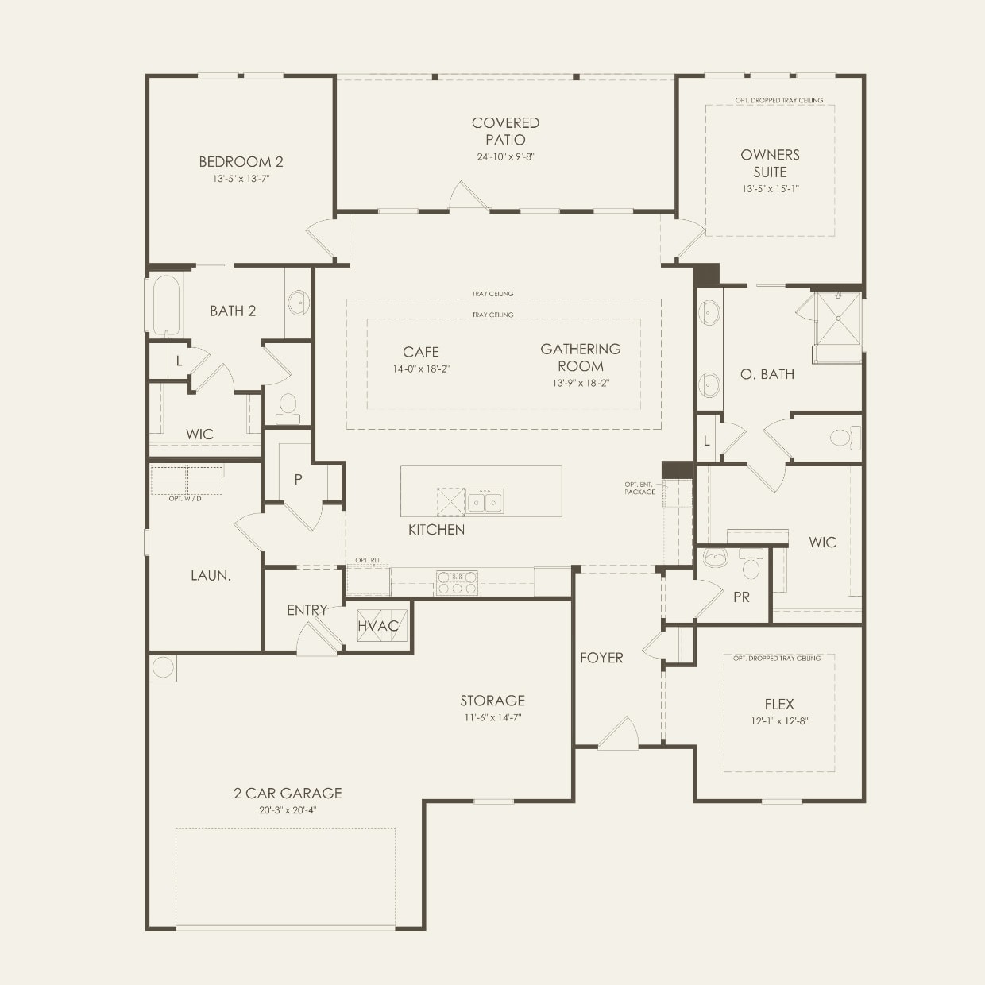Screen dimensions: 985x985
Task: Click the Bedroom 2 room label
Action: (241, 162)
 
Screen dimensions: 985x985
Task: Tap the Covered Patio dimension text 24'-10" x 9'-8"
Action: (505, 156)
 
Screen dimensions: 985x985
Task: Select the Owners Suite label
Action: (770, 163)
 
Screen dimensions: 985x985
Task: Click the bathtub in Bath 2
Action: (166, 304)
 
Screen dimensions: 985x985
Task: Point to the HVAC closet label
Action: (377, 626)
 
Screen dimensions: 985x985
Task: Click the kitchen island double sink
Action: (484, 502)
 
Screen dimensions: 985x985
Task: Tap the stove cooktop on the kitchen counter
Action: (457, 583)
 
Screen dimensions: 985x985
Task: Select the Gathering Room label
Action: (581, 357)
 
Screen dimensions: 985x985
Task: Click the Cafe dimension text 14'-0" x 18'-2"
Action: (421, 369)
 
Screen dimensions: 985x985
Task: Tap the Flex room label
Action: (778, 704)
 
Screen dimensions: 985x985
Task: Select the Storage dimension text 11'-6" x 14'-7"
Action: (492, 717)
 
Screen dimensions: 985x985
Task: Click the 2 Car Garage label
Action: (288, 793)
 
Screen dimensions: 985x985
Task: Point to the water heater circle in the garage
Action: (163, 666)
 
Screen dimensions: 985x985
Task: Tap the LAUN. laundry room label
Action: (211, 576)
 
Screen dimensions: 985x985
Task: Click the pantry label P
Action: (298, 479)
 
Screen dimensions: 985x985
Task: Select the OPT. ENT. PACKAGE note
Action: (639, 488)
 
